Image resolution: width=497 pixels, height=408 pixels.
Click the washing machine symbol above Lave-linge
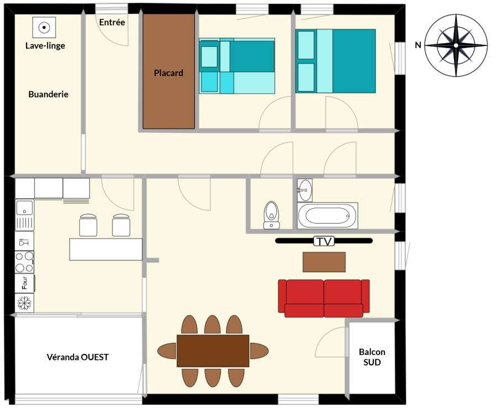point(44,28)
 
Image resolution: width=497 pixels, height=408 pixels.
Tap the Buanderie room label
point(49,94)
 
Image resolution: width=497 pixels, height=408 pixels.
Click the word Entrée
point(112,22)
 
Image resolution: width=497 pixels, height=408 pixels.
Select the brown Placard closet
point(168,71)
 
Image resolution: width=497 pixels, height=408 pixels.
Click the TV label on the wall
point(324,241)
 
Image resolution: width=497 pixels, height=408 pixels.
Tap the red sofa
point(324,298)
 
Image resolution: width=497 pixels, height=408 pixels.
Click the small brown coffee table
point(324,262)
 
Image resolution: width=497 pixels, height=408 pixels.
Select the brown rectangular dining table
point(213,351)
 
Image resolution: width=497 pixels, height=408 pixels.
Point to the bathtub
point(327,215)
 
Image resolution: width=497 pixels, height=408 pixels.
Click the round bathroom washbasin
point(305,190)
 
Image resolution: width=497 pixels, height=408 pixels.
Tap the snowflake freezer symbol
point(24,303)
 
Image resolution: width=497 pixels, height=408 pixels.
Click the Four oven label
point(24,283)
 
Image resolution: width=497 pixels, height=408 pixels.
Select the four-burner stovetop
point(24,262)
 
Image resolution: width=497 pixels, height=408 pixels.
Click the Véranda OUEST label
point(78,357)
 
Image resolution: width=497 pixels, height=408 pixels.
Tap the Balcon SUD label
point(372,357)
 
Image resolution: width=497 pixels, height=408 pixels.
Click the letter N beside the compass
point(418,45)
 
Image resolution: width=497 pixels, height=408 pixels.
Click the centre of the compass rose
point(456,45)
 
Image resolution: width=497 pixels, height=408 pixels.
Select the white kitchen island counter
point(106,250)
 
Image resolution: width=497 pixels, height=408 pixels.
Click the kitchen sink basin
point(24,208)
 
